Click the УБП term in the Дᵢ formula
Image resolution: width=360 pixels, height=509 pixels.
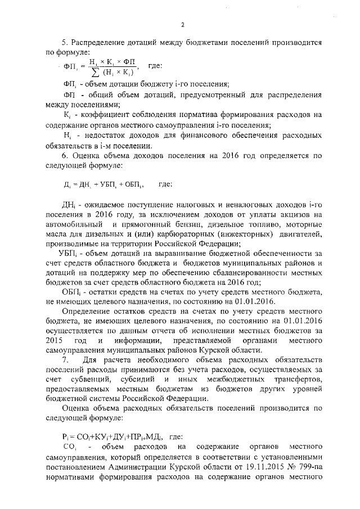click(x=107, y=184)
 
